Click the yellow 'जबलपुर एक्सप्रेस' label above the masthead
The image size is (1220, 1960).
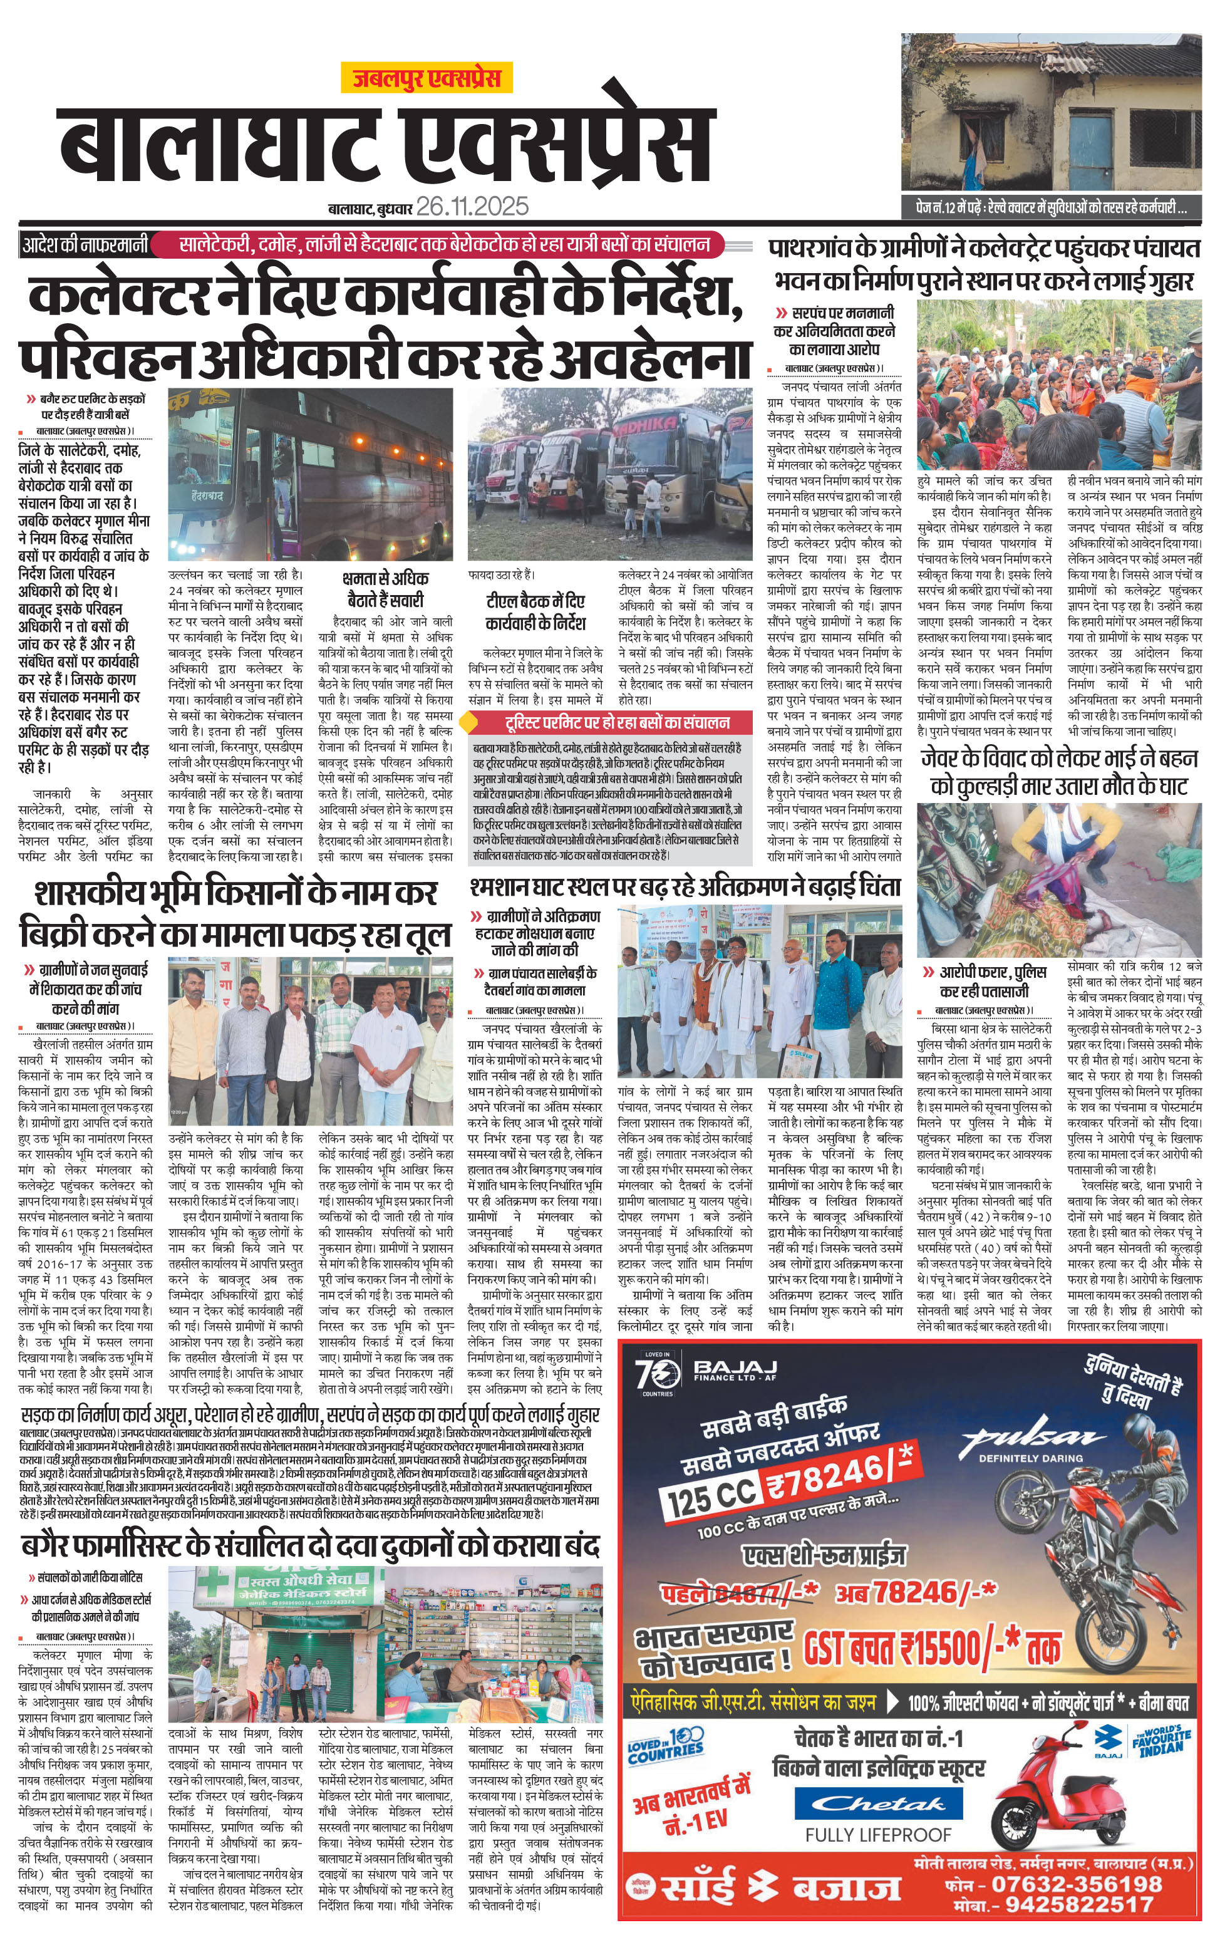(426, 78)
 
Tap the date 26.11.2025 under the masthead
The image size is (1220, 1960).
(472, 207)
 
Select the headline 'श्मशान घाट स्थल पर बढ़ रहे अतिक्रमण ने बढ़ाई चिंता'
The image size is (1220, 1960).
(685, 887)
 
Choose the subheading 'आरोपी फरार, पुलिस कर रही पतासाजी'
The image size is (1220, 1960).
(993, 980)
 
